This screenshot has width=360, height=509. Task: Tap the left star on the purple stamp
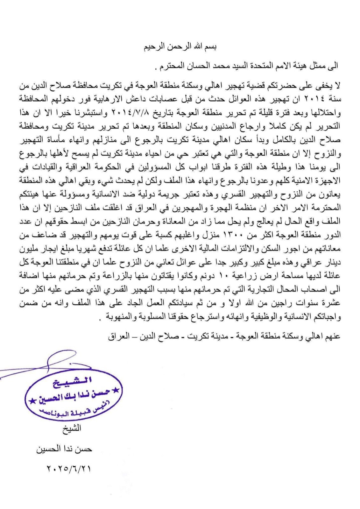click(x=31, y=400)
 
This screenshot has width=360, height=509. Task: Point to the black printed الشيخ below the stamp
click(x=71, y=428)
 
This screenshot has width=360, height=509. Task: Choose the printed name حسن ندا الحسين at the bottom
click(x=64, y=449)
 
